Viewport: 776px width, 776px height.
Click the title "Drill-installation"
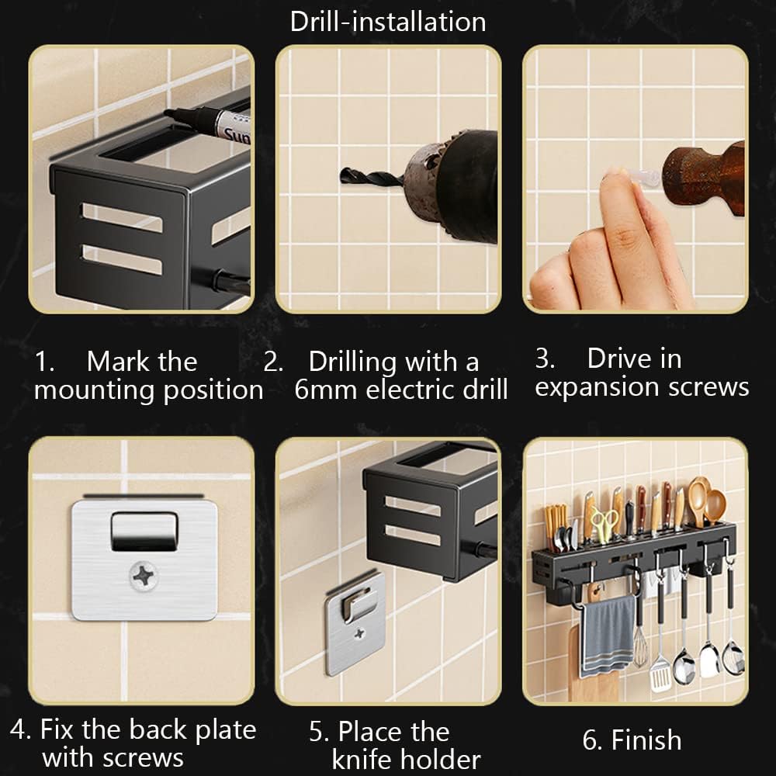(x=388, y=23)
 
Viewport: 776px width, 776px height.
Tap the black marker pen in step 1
(x=208, y=123)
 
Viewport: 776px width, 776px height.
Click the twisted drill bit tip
(x=342, y=175)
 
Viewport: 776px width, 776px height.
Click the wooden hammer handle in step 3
(x=703, y=178)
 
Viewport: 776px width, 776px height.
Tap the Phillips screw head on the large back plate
(x=143, y=577)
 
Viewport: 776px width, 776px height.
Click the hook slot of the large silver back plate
(x=144, y=532)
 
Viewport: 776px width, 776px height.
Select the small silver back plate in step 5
(x=355, y=624)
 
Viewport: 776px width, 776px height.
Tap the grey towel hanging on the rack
(x=608, y=636)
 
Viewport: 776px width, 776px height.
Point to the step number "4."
(x=21, y=729)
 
